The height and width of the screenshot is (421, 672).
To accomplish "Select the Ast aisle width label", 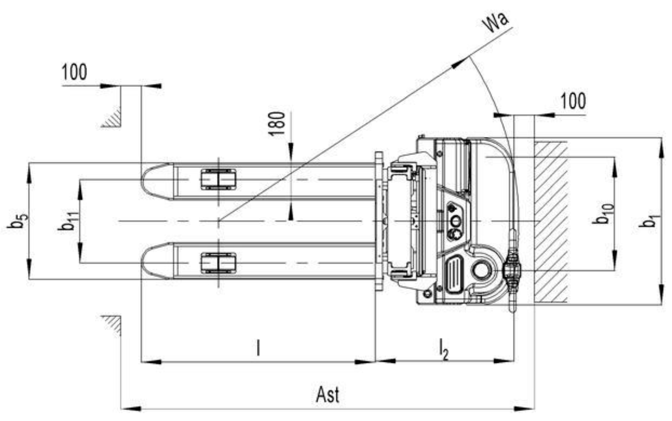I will click(x=328, y=395).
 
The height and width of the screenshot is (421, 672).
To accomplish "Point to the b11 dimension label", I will click(x=66, y=221).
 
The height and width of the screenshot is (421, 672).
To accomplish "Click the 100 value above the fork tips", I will click(x=75, y=72).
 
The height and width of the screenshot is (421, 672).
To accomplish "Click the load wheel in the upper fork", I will click(x=218, y=179).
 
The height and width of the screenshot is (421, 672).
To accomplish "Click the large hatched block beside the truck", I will click(x=551, y=221).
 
